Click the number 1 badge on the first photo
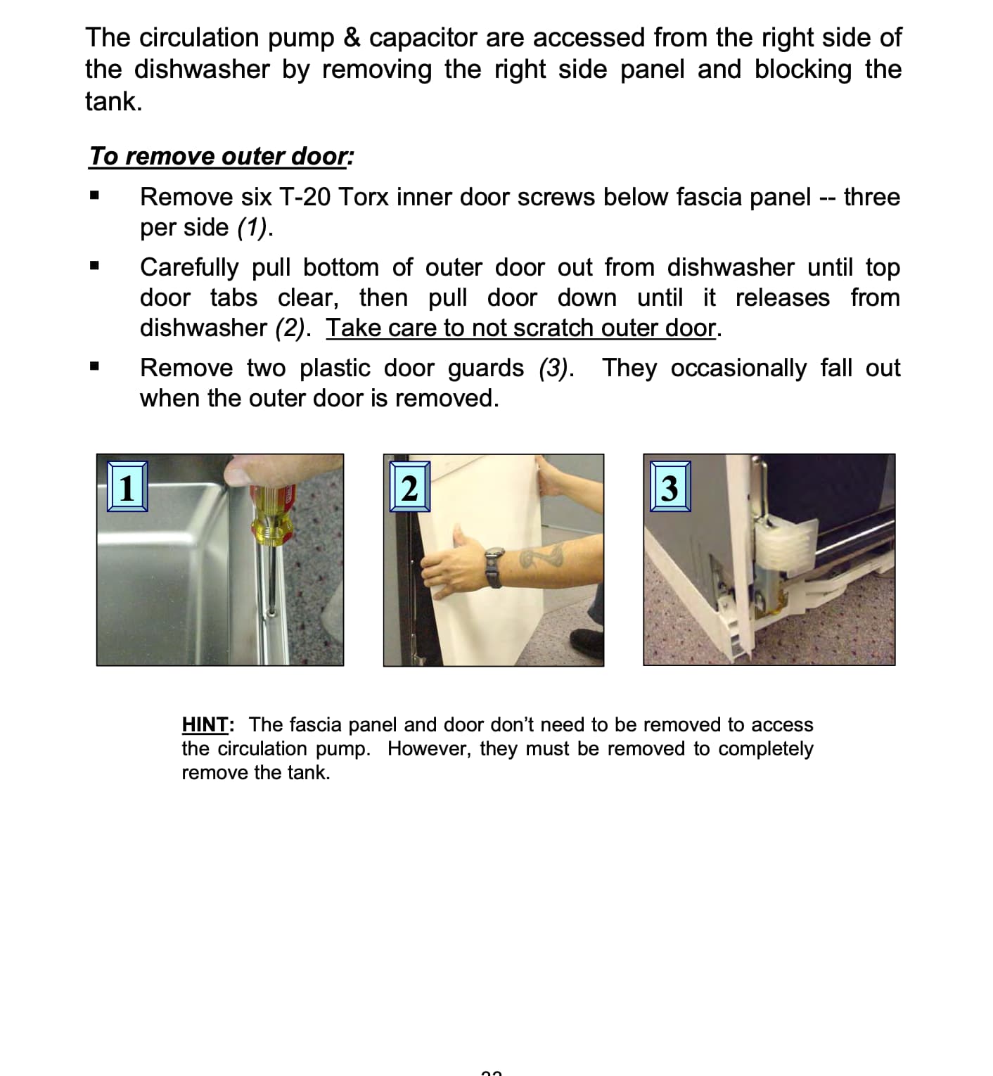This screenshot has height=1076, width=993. (127, 487)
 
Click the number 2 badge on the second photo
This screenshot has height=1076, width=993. (410, 487)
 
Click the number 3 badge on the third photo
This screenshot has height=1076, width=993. (670, 487)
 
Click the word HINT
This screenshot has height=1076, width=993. (205, 724)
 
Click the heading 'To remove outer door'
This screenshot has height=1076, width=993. (219, 156)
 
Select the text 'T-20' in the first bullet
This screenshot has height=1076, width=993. (305, 197)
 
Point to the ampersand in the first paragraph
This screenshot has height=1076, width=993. (352, 38)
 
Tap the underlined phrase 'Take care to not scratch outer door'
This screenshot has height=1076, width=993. (521, 328)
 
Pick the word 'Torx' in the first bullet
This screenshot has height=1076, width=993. (363, 197)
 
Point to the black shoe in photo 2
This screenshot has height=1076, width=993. (586, 642)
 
